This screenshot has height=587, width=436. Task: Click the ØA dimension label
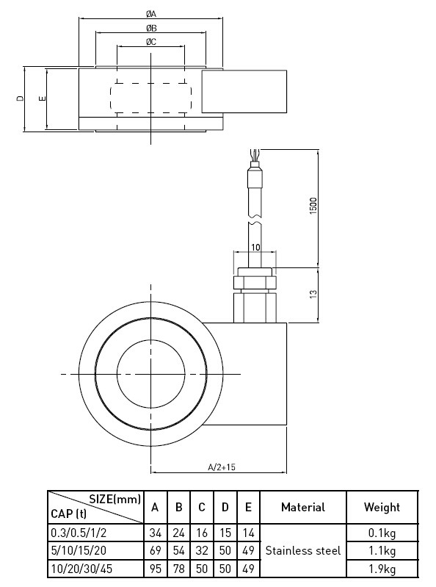[x=150, y=13]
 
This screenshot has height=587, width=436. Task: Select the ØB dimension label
[x=150, y=28]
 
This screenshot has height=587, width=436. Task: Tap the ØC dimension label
[x=150, y=43]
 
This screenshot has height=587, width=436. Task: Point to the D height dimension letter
[x=21, y=99]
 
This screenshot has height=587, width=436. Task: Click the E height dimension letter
[x=43, y=99]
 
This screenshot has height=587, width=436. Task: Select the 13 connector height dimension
[x=313, y=295]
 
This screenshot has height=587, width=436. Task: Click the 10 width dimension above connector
[x=255, y=248]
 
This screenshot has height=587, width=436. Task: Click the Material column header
[x=302, y=507]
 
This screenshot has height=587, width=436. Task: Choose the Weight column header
[x=382, y=507]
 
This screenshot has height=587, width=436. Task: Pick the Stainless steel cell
[x=302, y=550]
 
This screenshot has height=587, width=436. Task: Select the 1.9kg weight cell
[x=382, y=568]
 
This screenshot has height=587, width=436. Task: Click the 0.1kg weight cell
[x=382, y=532]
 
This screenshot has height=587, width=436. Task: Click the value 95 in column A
[x=155, y=568]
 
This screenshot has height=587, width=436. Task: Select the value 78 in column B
[x=178, y=568]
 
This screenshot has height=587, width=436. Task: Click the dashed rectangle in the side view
[x=150, y=99]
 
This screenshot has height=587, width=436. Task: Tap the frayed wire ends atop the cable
[x=254, y=156]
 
